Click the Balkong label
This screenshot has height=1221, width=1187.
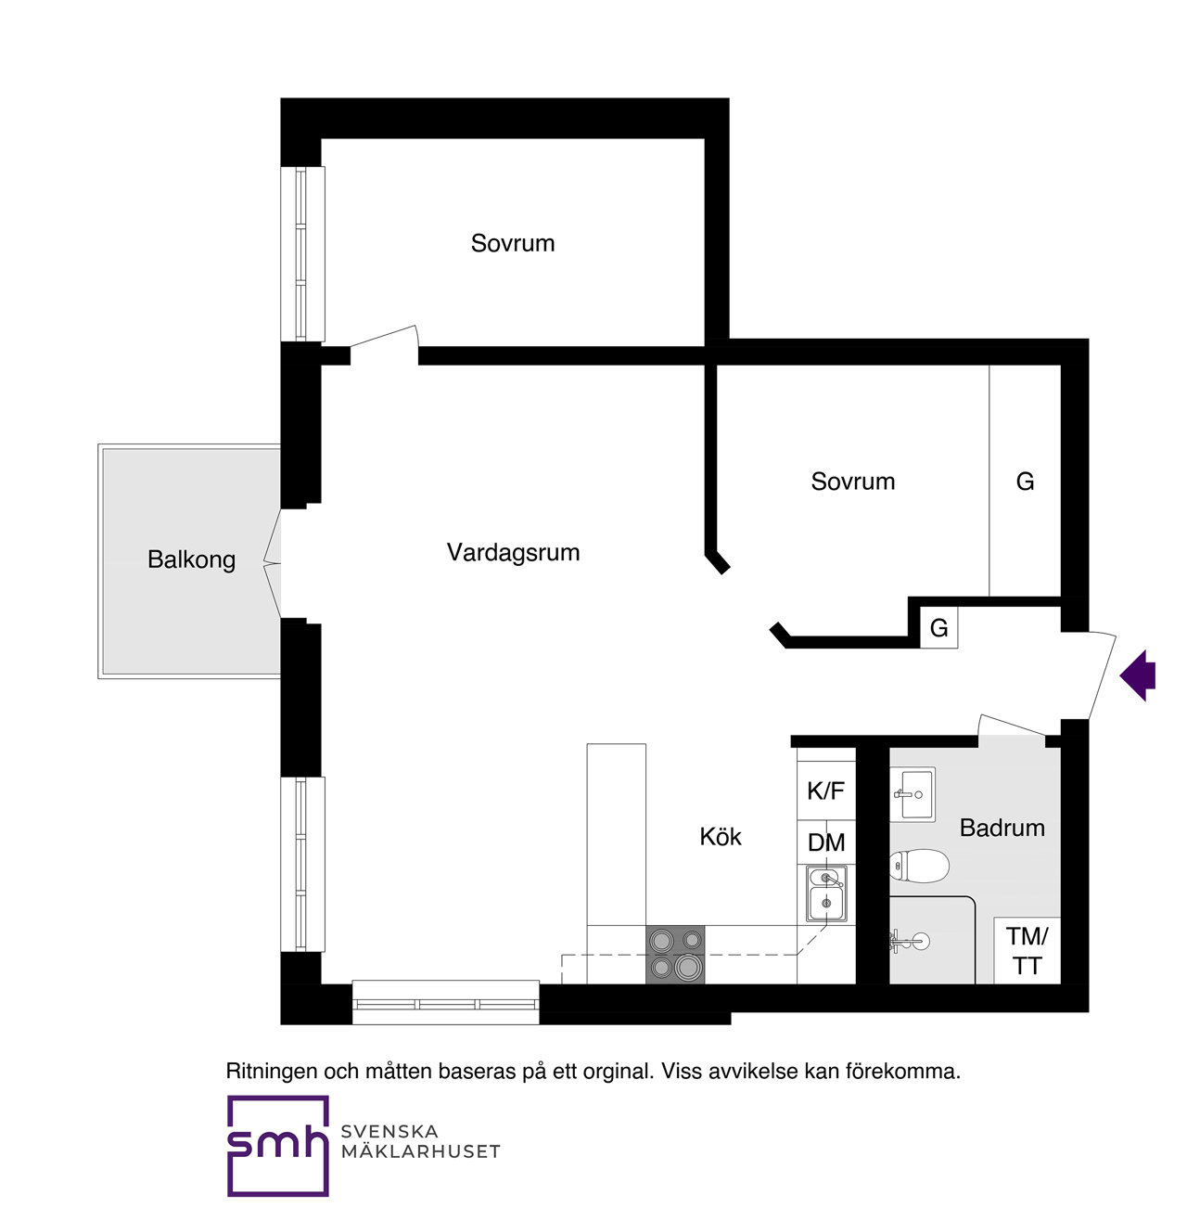(x=191, y=559)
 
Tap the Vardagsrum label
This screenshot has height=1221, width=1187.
(x=513, y=552)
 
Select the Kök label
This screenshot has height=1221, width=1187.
(x=720, y=836)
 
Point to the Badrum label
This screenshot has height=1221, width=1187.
(x=1002, y=828)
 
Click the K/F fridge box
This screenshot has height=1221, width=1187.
(x=826, y=790)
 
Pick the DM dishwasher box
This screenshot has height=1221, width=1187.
(x=826, y=842)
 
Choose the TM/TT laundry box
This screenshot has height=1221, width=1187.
(x=1027, y=951)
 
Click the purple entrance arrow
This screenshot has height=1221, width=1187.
(x=1138, y=675)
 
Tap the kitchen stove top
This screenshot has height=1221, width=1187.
(x=675, y=955)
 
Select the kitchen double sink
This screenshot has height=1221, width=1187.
(x=826, y=894)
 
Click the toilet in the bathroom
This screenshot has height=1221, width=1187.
(x=919, y=866)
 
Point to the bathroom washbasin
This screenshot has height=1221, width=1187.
(x=913, y=794)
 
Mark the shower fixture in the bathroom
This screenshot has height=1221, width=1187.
(x=909, y=941)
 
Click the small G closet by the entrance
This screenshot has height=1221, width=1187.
(x=938, y=627)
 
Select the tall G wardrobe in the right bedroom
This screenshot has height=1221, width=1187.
(x=1025, y=481)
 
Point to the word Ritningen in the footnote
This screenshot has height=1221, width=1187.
(x=272, y=1071)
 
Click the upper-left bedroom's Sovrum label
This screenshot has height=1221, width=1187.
(x=512, y=243)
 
